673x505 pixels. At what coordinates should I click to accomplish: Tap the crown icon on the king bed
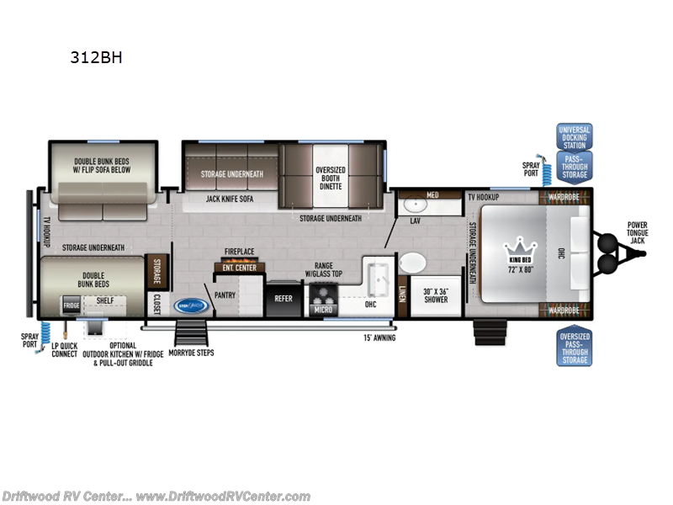pyautogui.click(x=517, y=248)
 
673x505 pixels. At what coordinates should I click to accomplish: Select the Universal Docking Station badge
pyautogui.click(x=574, y=136)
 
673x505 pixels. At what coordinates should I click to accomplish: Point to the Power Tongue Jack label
pyautogui.click(x=637, y=231)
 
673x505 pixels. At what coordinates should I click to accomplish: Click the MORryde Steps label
pyautogui.click(x=190, y=353)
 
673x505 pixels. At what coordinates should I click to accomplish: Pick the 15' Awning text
pyautogui.click(x=378, y=338)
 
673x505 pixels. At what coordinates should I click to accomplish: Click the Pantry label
pyautogui.click(x=225, y=295)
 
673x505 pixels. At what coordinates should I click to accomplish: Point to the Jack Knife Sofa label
pyautogui.click(x=230, y=200)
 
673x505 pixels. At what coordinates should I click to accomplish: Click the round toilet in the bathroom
pyautogui.click(x=412, y=263)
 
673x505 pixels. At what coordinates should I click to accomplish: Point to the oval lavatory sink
pyautogui.click(x=415, y=204)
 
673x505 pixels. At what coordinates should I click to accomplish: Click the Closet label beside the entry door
pyautogui.click(x=156, y=301)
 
